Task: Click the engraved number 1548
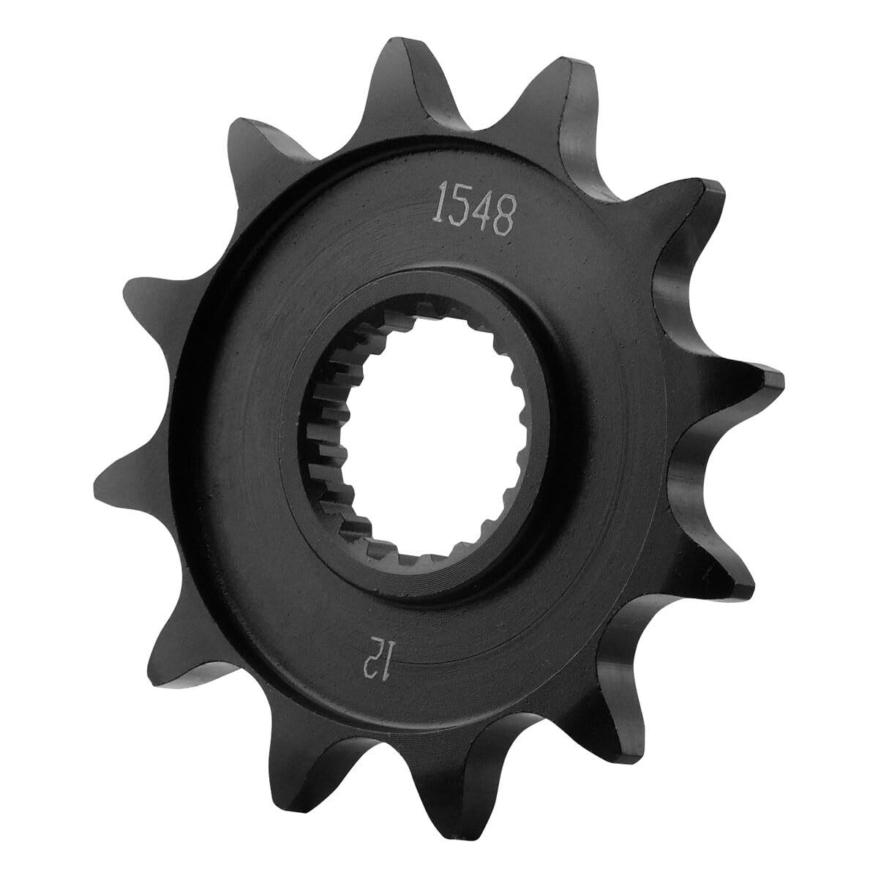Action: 476,209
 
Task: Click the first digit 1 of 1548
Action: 442,201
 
